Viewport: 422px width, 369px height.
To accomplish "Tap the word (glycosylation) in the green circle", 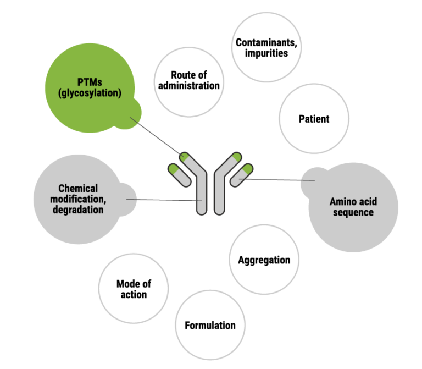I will pyautogui.click(x=90, y=93).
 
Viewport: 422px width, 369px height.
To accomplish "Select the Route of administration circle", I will pyautogui.click(x=188, y=82).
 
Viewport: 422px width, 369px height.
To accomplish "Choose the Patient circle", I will pyautogui.click(x=314, y=119).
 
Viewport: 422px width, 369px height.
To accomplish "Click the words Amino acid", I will pyautogui.click(x=353, y=201).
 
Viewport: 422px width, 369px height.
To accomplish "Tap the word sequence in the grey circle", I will pyautogui.click(x=353, y=212).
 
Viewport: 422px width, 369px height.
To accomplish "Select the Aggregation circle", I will pyautogui.click(x=264, y=260).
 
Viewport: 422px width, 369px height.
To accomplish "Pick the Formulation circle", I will pyautogui.click(x=210, y=325).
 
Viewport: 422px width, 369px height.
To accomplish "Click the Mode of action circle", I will pyautogui.click(x=134, y=289).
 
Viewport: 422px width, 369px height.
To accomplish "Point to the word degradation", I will pyautogui.click(x=78, y=210).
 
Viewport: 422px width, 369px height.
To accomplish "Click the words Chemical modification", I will pyautogui.click(x=78, y=194).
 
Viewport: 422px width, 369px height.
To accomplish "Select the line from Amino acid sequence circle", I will pyautogui.click(x=277, y=179).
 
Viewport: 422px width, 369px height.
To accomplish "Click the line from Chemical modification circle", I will pyautogui.click(x=165, y=200).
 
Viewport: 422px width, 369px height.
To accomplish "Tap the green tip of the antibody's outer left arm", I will pyautogui.click(x=174, y=168).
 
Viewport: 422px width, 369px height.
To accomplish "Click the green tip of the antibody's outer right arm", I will pyautogui.click(x=248, y=168).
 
